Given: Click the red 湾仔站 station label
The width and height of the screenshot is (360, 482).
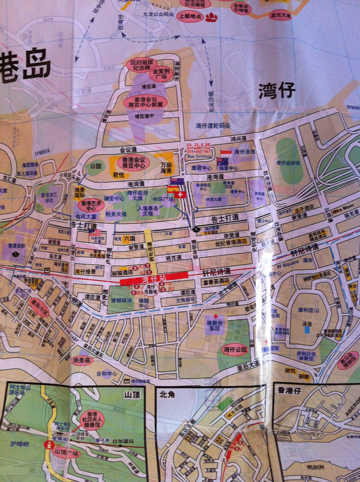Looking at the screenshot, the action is pos(155,279).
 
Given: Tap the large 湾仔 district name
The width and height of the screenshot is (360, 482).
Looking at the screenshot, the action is pos(277,90).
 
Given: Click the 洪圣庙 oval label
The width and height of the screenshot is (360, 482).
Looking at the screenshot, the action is pos(81,360).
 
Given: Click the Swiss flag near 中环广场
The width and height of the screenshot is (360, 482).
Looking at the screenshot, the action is pos(182,194).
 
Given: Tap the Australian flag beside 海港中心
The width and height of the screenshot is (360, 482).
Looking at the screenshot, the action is pos(222,161).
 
